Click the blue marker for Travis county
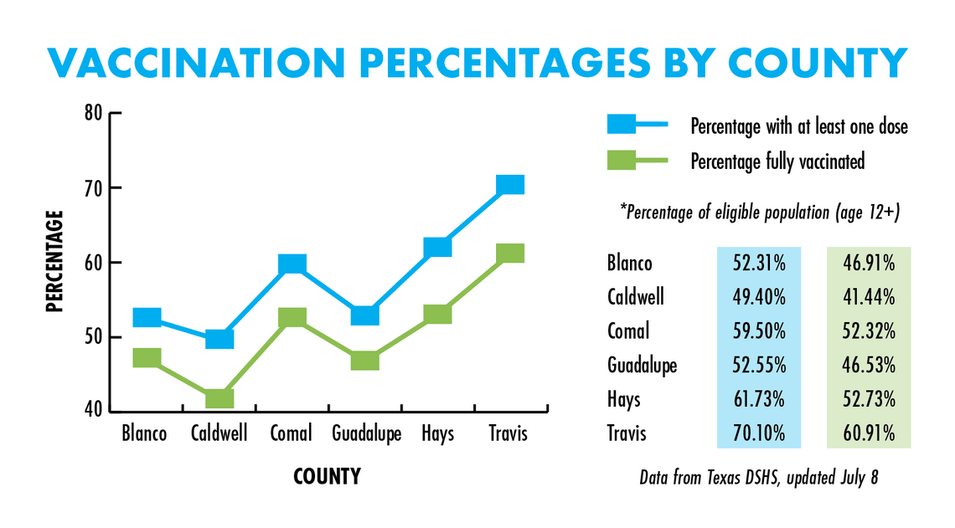pos(509,184)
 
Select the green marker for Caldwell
pos(219,398)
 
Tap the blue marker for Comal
pos(292,264)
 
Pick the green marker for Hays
pos(437,314)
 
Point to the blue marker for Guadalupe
pos(364,315)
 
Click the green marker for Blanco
pos(147,357)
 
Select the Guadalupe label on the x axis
pos(366,433)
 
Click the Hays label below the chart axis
pos(437,433)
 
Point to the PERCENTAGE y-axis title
pos(55,261)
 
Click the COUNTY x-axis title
pos(327,477)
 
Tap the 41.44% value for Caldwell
pos(870,297)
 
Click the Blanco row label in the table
pos(629,264)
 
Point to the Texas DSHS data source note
pos(759,479)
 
